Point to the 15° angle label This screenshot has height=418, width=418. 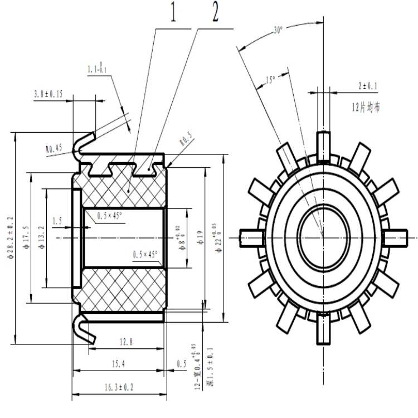tap(271, 80)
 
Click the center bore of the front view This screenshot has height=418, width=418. tap(322, 235)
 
